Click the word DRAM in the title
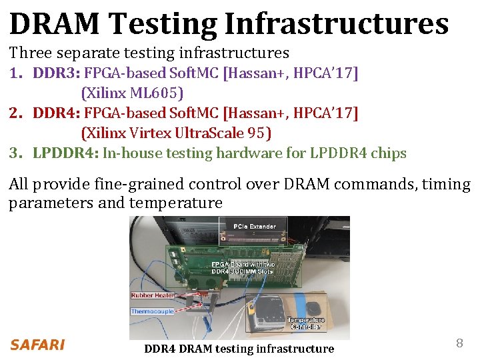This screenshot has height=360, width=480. tap(54, 23)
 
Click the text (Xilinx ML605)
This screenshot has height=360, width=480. tap(132, 93)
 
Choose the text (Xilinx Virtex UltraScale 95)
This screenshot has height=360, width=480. tap(176, 133)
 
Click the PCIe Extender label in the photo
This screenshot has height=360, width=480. tap(255, 227)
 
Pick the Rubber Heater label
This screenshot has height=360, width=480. tap(153, 295)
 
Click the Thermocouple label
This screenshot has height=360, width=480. tap(152, 311)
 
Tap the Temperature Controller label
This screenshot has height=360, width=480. tap(306, 323)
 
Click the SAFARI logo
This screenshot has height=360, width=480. tap(37, 345)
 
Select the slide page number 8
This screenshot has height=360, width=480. tap(459, 343)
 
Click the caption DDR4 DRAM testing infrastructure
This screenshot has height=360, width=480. tap(239, 349)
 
